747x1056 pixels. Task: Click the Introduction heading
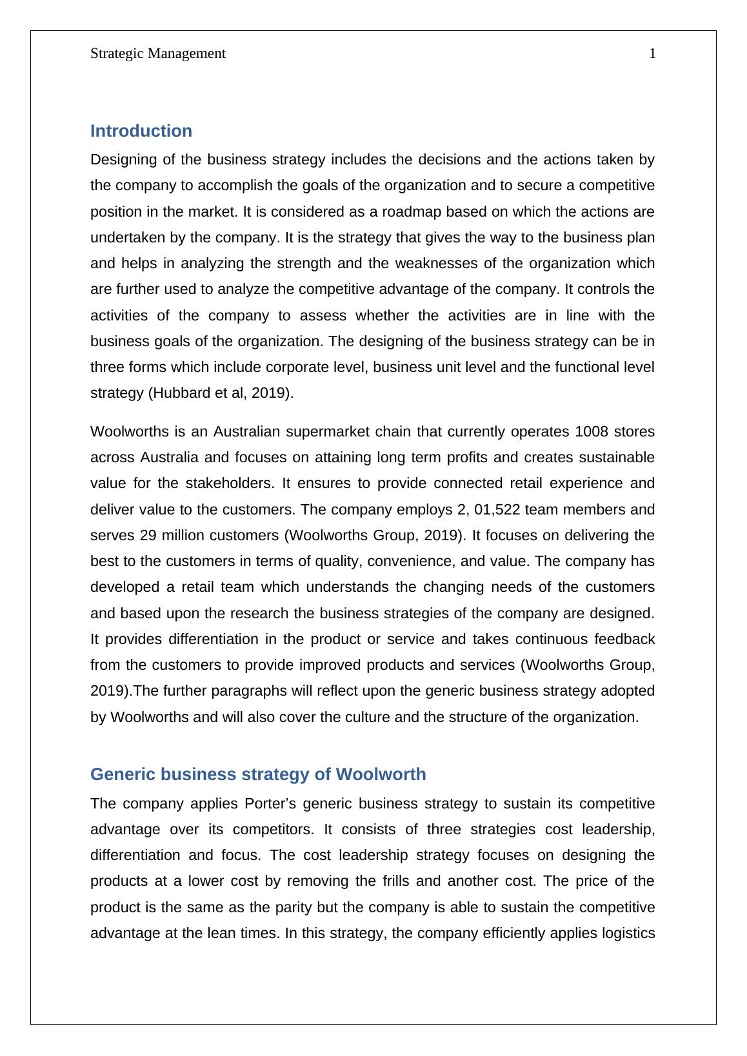point(141,131)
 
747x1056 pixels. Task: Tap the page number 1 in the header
point(652,54)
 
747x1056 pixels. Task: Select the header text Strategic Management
point(158,54)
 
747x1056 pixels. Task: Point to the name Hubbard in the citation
point(177,393)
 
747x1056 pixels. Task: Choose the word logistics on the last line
point(626,933)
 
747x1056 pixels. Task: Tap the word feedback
point(624,639)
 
